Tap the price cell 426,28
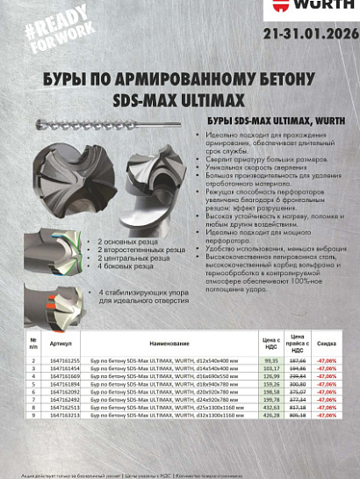270,415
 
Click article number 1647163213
64,415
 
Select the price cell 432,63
270,407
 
